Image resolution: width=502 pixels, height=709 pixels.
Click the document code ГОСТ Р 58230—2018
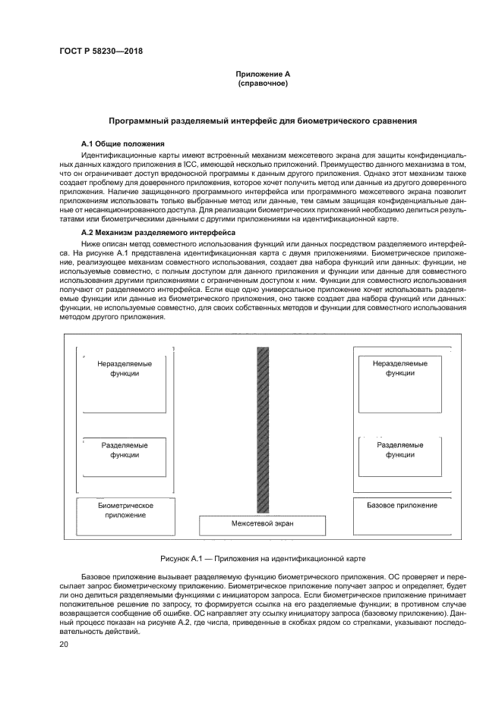pyautogui.click(x=101, y=52)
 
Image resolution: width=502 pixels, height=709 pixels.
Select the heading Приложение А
pyautogui.click(x=263, y=74)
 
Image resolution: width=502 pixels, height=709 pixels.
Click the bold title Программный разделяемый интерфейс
pyautogui.click(x=262, y=121)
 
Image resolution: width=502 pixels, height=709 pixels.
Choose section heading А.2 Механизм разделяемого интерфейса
pyautogui.click(x=158, y=231)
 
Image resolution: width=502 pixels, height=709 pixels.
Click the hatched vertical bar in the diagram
pyautogui.click(x=264, y=429)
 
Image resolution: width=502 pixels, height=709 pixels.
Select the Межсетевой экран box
pyautogui.click(x=262, y=524)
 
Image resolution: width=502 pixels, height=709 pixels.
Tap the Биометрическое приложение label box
pyautogui.click(x=126, y=510)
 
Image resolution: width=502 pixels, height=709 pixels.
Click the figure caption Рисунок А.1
pyautogui.click(x=263, y=558)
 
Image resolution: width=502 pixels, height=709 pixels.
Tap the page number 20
pyautogui.click(x=64, y=644)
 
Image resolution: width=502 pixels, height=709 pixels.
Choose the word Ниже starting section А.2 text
pyautogui.click(x=90, y=243)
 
